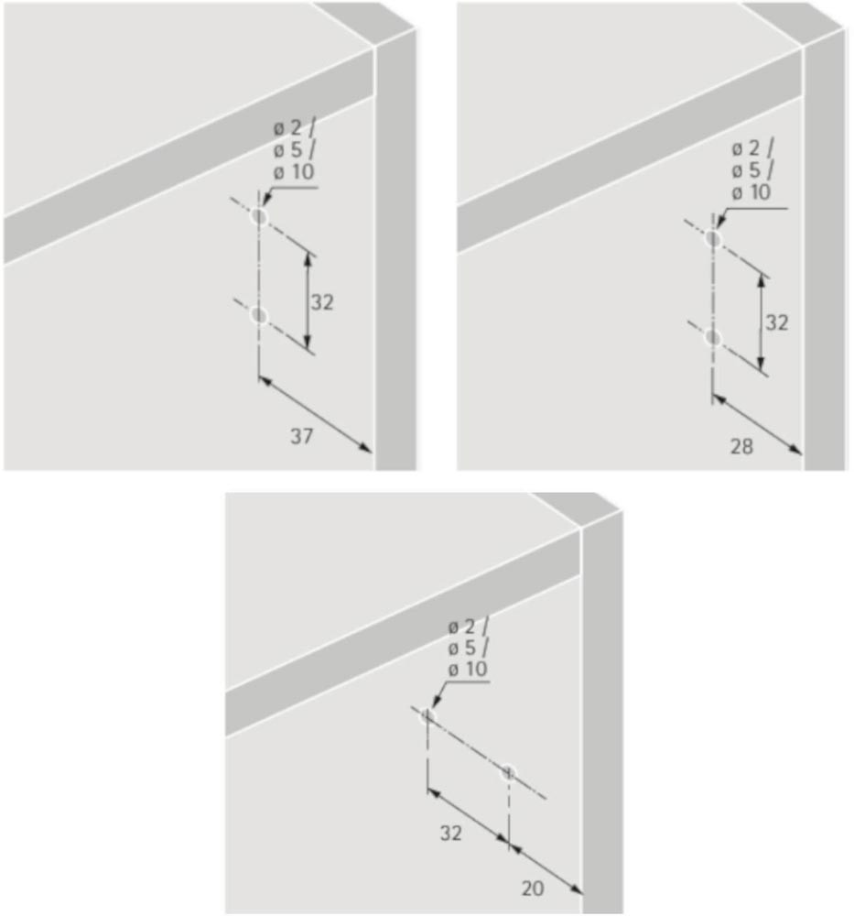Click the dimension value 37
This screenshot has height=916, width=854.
pos(302,436)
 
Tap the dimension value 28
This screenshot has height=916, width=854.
pos(742,446)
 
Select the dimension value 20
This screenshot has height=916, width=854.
pos(533,888)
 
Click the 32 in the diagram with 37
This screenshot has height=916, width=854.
pos(322,302)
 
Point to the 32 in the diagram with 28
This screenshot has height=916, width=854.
pos(777,322)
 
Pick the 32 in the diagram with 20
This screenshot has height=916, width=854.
pos(450,833)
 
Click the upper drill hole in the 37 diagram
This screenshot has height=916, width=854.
pos(259,217)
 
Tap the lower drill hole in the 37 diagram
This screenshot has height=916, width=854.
pos(259,315)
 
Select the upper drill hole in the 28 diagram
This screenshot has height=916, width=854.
pos(713,238)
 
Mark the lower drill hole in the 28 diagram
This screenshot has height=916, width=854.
pos(713,338)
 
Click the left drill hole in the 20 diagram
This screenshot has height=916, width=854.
pos(427,715)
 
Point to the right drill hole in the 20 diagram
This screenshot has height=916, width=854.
pos(508,773)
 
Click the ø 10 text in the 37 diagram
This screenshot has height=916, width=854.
pos(294,172)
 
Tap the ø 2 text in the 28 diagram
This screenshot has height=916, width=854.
pos(746,149)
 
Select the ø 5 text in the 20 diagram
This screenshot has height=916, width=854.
pos(462,648)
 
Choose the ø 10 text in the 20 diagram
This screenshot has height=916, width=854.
pos(468,669)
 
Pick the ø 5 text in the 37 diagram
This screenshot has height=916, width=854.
pos(288,150)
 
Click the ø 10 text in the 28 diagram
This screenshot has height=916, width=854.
pos(751,192)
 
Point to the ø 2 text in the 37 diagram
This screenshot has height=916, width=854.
pos(288,128)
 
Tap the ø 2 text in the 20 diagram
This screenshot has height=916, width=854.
pos(462,627)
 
